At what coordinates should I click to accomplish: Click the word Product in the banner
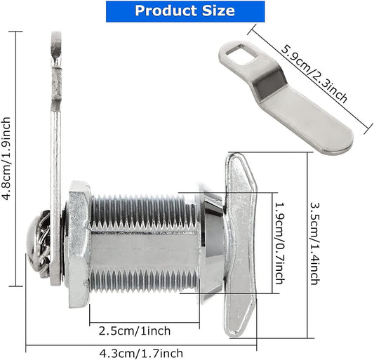coord(167,11)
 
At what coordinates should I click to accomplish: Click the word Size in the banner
coord(217,11)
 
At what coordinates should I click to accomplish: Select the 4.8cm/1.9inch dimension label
coord(8,158)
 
